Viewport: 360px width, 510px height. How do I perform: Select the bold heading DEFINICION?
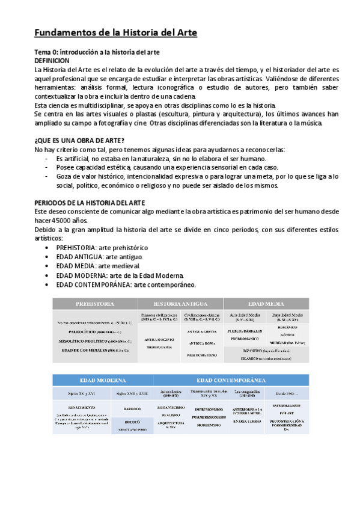(x=52, y=61)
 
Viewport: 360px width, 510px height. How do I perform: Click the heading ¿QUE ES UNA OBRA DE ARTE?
(x=79, y=140)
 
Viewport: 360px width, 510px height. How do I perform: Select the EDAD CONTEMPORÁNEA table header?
(x=231, y=380)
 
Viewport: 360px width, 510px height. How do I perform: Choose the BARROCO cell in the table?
(x=132, y=408)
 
